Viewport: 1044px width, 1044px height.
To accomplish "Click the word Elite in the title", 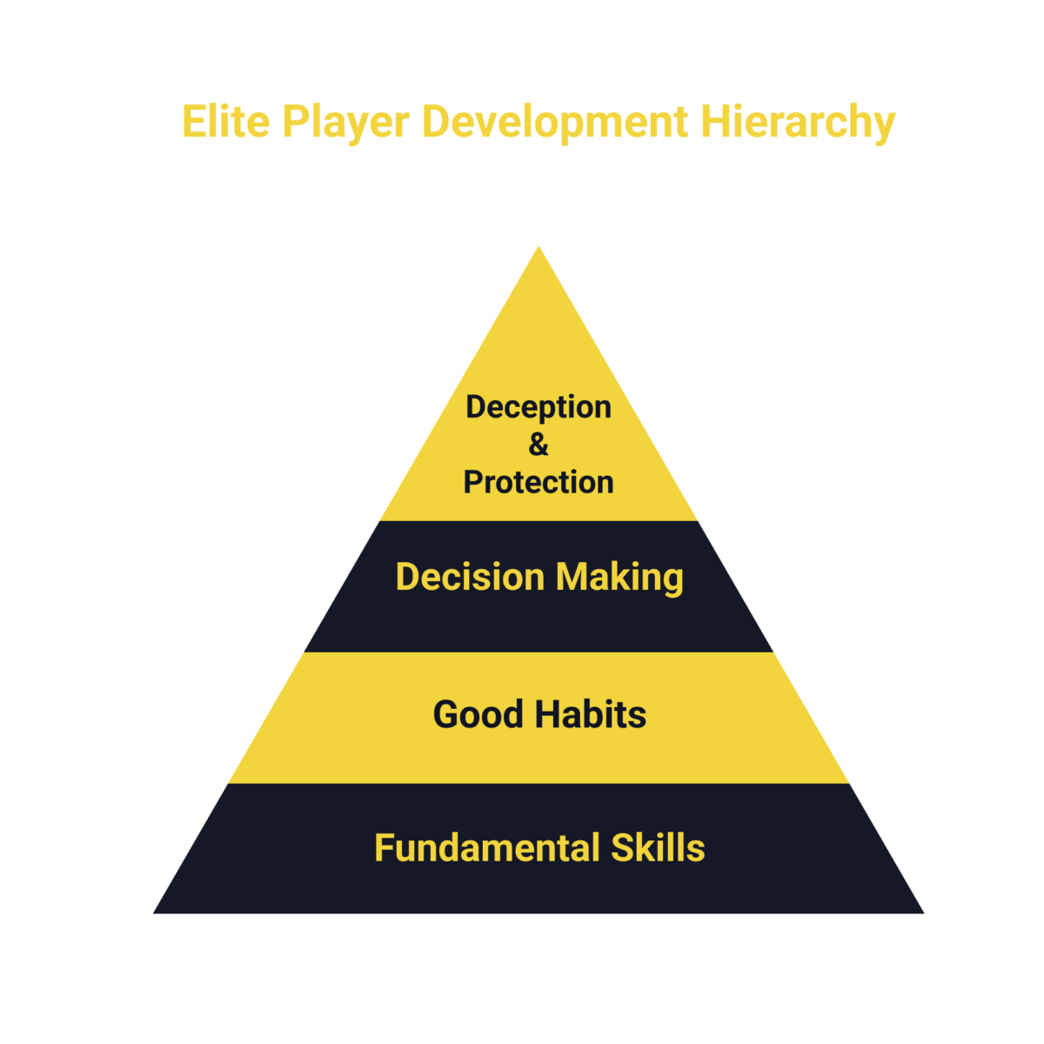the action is [226, 121].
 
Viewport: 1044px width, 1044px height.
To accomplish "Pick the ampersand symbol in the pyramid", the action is [539, 445].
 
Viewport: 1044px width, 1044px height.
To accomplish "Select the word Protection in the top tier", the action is [539, 482].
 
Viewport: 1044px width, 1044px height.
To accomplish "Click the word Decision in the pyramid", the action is [470, 577].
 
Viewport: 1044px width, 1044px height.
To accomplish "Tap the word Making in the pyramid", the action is [620, 579].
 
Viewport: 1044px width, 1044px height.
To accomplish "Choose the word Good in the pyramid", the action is [478, 713].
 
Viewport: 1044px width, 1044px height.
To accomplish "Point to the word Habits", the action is [591, 713].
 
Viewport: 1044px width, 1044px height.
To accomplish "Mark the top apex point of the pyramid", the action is [539, 246].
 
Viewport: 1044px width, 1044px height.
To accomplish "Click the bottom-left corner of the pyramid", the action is [153, 913].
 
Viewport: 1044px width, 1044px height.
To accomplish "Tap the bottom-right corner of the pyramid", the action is [924, 913].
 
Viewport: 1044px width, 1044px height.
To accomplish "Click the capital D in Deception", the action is [478, 406].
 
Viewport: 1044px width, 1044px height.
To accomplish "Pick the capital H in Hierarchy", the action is [715, 121].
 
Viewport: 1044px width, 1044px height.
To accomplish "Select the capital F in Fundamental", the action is [385, 847].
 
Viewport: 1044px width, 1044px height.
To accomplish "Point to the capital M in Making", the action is [572, 577].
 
